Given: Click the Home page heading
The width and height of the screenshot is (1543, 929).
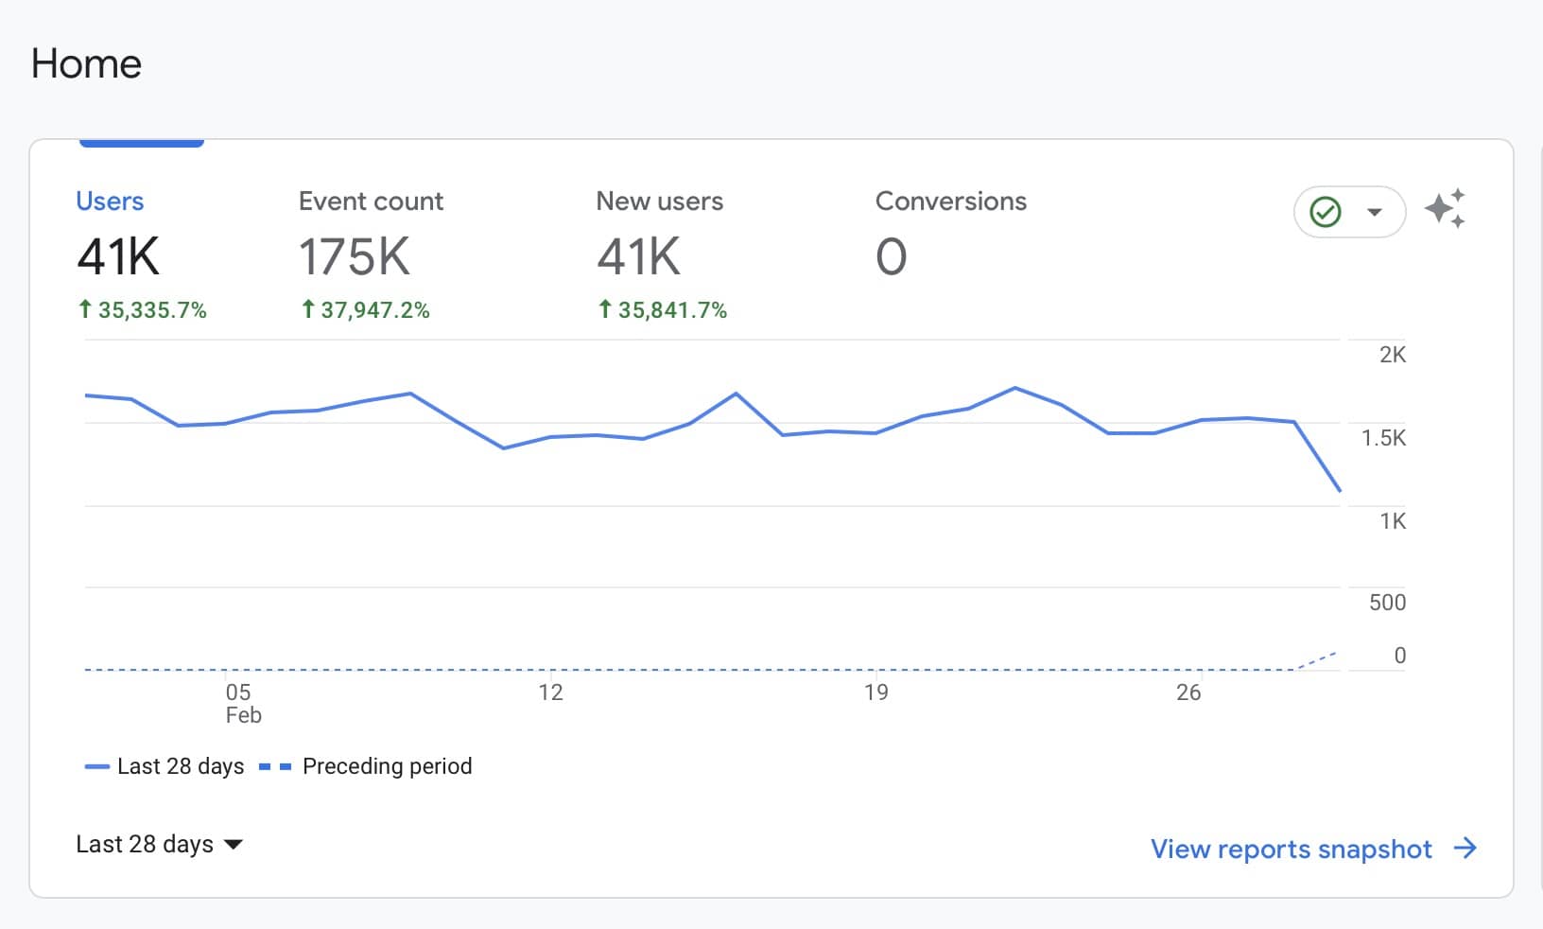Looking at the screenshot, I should [86, 64].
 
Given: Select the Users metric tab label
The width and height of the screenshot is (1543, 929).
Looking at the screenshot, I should [110, 202].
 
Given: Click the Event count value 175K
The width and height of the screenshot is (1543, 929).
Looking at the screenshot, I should [355, 257].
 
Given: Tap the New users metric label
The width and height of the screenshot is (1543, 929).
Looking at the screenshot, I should [659, 202].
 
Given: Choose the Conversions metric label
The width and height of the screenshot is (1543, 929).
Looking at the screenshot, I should [950, 202].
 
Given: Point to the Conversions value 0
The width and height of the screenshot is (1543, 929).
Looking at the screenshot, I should [891, 257].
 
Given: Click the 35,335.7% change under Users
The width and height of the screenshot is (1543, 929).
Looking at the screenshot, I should [143, 310].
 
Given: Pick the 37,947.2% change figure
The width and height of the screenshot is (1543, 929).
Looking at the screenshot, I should [366, 310].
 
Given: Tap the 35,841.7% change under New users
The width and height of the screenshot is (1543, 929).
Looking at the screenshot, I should [664, 310].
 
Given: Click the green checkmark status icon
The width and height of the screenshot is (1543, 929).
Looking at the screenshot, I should [1326, 212].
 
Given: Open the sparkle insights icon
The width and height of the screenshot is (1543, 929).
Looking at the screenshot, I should [1446, 209].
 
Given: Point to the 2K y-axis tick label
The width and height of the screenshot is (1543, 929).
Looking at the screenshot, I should [1392, 355].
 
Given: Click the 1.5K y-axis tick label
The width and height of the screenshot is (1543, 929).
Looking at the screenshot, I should [1383, 438].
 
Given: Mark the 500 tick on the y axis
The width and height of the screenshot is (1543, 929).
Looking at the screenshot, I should [1387, 603].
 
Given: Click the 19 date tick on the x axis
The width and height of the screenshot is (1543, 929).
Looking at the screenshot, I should [876, 692].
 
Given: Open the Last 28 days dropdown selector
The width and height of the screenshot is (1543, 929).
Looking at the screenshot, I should [159, 844].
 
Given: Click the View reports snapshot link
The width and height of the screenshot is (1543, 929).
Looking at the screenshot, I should [1312, 849].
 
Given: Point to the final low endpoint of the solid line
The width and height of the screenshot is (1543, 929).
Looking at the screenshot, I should [1340, 490].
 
